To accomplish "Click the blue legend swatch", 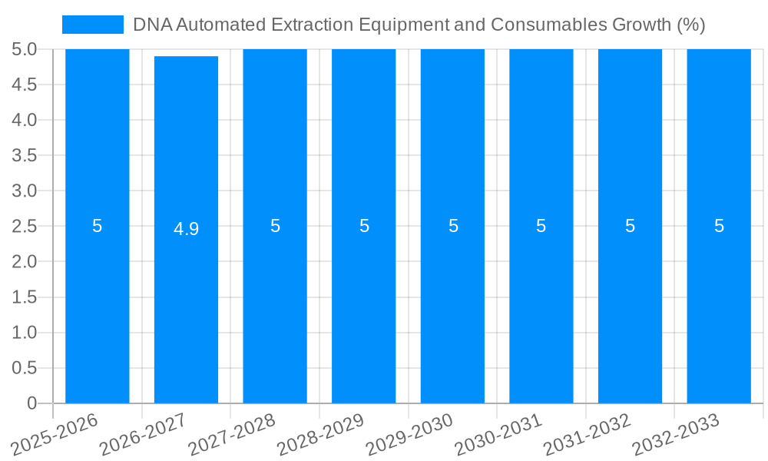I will coord(92,25).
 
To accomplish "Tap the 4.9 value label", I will coord(186,229).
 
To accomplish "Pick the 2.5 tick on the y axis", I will coord(24,227).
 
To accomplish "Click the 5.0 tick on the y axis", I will coord(24,50).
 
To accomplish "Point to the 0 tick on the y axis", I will coord(31,403).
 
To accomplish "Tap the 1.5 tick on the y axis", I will coord(24,297).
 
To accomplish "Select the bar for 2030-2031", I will coord(541,307).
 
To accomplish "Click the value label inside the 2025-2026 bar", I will coord(98,226).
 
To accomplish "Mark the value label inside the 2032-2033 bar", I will coord(719,226).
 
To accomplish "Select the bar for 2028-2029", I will coord(363,307).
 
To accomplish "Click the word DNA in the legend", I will coord(151,25).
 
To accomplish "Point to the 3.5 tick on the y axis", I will coord(24,156).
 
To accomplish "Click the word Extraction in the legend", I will coord(314,25).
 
